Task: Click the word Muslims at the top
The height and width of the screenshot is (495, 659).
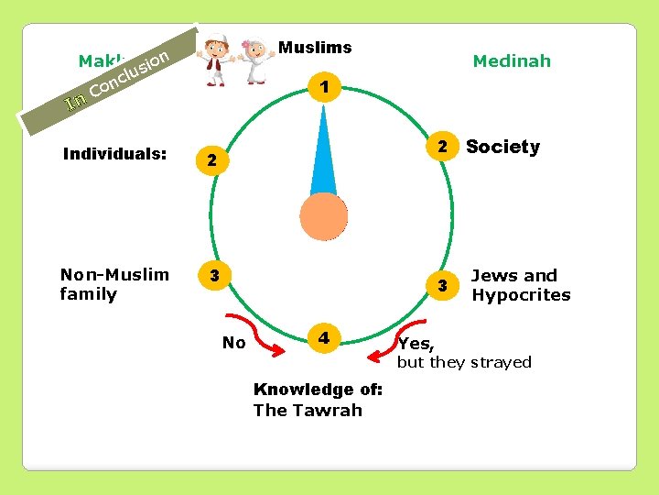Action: [x=315, y=48]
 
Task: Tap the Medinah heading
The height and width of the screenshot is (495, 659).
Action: [x=512, y=61]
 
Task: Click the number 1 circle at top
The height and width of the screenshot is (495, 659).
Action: [x=324, y=89]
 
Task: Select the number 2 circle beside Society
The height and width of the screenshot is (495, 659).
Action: [x=441, y=147]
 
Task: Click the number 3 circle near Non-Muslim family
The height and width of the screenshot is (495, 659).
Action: [x=212, y=275]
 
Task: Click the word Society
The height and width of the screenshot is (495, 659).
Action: [x=502, y=147]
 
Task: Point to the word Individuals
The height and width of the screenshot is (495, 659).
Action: [x=114, y=153]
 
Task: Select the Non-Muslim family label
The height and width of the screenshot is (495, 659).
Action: [x=114, y=284]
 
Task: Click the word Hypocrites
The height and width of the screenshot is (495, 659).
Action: [x=520, y=295]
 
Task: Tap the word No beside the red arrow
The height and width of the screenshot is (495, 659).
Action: [x=234, y=343]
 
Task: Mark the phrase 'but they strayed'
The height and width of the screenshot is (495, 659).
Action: [x=463, y=362]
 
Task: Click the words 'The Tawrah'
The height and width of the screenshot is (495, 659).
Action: [x=308, y=410]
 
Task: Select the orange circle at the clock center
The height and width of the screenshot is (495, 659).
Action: [x=324, y=216]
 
